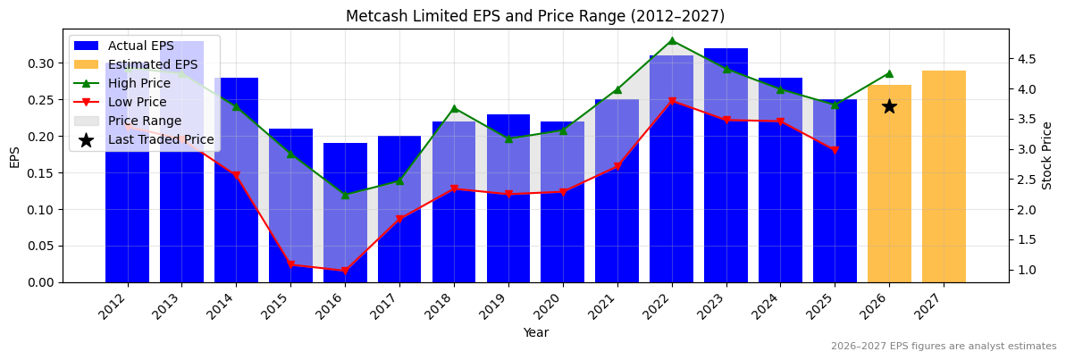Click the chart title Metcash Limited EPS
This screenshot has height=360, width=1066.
(535, 16)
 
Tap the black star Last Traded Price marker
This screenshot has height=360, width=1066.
(889, 106)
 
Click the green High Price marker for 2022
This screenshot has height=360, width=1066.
(672, 40)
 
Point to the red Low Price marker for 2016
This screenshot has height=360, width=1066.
(345, 271)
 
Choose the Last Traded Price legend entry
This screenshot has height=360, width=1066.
(161, 139)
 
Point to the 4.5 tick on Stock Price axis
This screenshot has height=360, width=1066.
(1028, 59)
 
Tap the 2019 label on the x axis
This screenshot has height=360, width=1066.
(506, 306)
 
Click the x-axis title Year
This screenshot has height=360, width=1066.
(535, 333)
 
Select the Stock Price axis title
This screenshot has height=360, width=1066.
(1047, 155)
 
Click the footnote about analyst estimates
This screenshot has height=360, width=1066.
(943, 347)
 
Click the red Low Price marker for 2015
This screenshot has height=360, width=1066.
(290, 264)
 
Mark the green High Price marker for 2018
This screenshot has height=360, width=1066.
(454, 108)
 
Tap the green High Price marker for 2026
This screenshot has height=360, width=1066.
(889, 73)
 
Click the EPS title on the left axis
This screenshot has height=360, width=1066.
(14, 156)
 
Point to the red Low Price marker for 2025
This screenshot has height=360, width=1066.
(835, 150)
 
